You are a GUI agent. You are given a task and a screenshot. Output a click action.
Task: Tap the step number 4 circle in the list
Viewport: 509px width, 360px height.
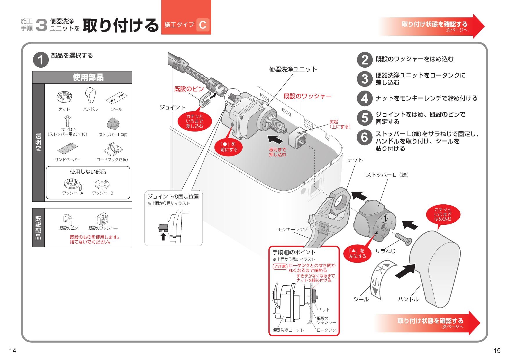[x=365, y=98]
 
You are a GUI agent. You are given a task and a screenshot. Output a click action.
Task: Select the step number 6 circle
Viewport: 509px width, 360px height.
[x=365, y=138]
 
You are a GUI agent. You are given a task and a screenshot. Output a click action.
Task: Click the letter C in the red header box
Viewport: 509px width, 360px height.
[x=203, y=25]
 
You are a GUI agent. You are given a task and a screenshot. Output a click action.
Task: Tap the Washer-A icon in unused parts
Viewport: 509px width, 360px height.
[x=73, y=184]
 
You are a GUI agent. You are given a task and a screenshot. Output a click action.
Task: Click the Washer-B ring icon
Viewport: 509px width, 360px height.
[x=102, y=184]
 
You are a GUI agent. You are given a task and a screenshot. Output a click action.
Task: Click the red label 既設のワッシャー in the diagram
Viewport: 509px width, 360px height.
[x=307, y=96]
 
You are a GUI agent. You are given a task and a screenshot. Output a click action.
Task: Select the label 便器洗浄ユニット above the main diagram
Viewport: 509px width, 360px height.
[x=293, y=70]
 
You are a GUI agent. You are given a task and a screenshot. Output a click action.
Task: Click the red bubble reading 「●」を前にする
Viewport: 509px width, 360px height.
[x=229, y=147]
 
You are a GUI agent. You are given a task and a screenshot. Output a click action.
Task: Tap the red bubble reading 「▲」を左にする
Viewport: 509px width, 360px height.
[x=357, y=253]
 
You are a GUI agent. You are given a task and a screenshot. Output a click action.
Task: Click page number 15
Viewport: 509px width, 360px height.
[x=497, y=351]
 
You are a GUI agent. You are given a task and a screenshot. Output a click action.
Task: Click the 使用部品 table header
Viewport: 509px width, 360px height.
[x=88, y=78]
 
